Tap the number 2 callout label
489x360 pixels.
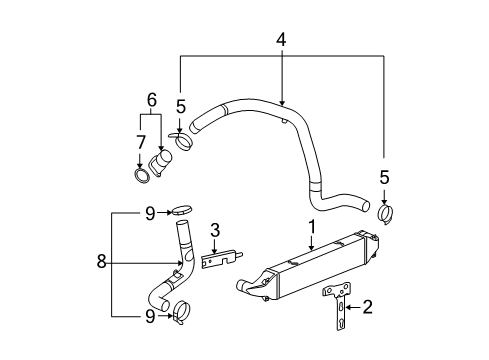368,307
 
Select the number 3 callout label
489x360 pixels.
214,232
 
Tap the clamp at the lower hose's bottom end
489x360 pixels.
180,311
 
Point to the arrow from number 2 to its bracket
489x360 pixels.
352,307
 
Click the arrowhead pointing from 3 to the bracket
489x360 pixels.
214,250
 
